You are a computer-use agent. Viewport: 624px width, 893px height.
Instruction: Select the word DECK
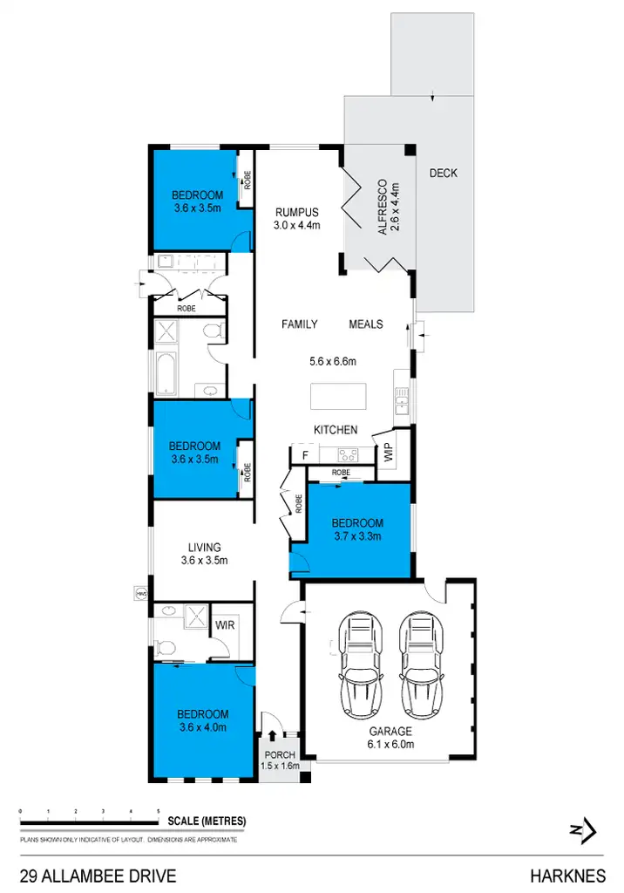pyautogui.click(x=443, y=174)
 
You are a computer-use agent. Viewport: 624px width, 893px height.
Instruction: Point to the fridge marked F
pyautogui.click(x=304, y=455)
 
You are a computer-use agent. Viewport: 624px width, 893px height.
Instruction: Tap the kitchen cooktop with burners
pyautogui.click(x=347, y=454)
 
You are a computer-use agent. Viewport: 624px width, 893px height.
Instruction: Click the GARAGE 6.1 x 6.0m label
pyautogui.click(x=390, y=738)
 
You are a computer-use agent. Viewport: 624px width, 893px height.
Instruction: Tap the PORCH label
pyautogui.click(x=281, y=755)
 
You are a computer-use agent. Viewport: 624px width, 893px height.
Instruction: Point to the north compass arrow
pyautogui.click(x=584, y=828)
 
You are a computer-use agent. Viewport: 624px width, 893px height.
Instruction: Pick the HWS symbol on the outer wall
pyautogui.click(x=139, y=593)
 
